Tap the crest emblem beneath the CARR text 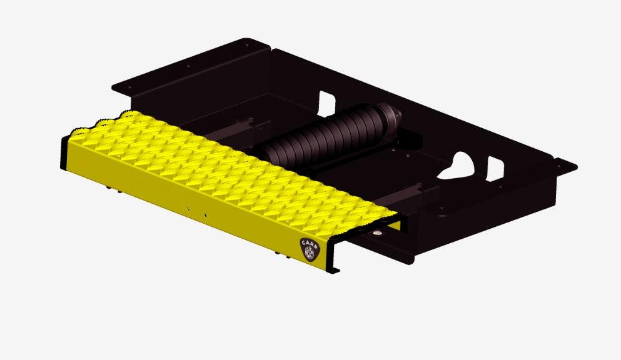pos(309,253)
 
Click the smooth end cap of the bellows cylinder pos(391,115)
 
